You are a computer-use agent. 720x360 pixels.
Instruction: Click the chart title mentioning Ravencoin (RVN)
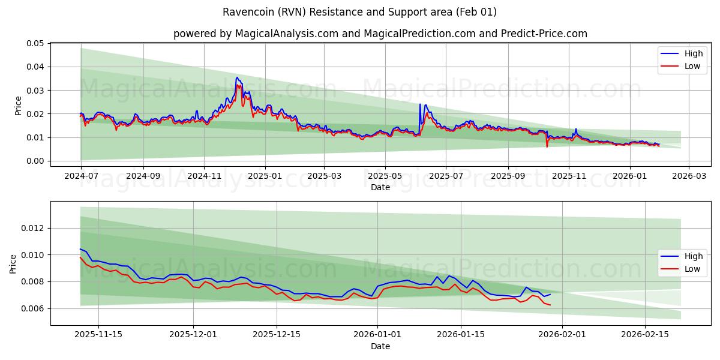point(359,12)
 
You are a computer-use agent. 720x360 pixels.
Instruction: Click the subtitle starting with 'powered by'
point(380,34)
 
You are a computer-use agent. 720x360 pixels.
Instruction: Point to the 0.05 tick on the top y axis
point(35,43)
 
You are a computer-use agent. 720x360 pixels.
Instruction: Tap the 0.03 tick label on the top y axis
point(35,91)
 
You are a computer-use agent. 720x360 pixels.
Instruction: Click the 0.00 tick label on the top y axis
point(35,161)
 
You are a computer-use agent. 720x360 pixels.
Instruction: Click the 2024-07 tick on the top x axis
point(81,176)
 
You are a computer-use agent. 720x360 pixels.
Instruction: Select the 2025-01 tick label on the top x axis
point(265,176)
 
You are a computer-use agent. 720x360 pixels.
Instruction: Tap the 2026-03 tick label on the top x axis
point(688,176)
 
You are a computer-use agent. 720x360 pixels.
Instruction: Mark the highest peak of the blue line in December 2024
point(237,77)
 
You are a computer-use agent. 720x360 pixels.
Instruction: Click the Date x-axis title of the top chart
point(380,187)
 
